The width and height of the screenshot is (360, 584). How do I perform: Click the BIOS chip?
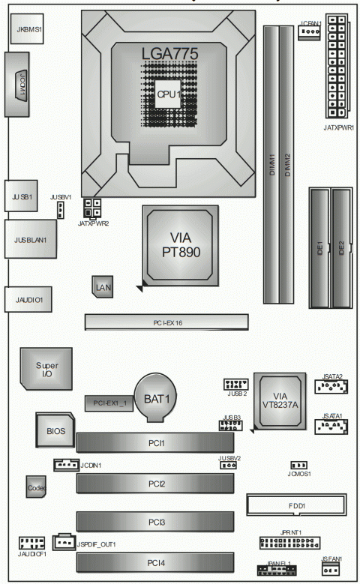(55, 432)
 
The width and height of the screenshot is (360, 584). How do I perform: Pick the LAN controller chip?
(103, 286)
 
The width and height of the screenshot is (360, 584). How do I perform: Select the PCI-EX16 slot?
(166, 323)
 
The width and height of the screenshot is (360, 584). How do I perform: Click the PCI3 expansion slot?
(155, 520)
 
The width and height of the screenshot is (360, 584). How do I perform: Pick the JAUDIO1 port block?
(28, 300)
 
